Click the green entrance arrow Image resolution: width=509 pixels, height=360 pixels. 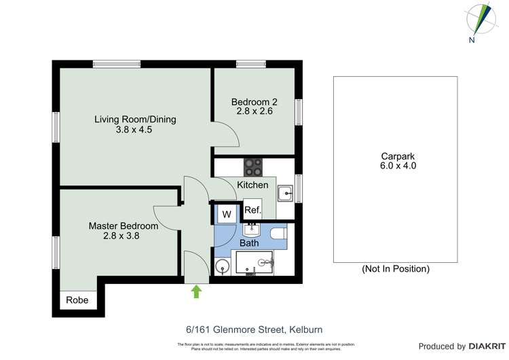(197, 291)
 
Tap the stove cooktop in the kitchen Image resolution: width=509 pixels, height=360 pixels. (254, 165)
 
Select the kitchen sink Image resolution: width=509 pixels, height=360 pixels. (286, 194)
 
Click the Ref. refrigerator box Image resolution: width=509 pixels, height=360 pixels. (252, 211)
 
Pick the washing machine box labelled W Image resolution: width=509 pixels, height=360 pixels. (227, 215)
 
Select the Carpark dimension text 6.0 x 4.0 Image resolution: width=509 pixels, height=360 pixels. (398, 166)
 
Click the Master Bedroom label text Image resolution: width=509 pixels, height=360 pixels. (124, 226)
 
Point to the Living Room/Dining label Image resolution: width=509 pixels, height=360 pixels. (135, 120)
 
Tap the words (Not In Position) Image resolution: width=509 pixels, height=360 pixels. (396, 269)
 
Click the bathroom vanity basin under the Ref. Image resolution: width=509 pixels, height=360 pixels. (252, 229)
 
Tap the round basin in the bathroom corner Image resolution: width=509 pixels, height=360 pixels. (222, 266)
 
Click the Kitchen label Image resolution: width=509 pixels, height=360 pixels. (252, 185)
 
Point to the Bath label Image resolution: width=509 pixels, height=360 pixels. (249, 243)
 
